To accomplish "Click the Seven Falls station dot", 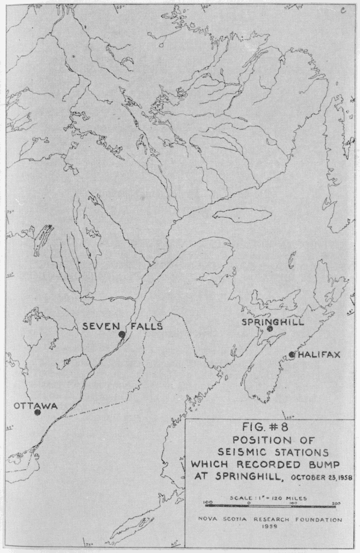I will click(121, 334).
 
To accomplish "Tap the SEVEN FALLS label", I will click(122, 326).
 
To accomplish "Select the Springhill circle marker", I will click(270, 329).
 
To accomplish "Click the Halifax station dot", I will click(292, 355).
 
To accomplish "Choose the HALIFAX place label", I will click(319, 355).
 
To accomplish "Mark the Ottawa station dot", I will click(37, 412).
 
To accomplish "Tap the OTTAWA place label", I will click(35, 406).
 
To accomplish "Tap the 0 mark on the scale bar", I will click(248, 503).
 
